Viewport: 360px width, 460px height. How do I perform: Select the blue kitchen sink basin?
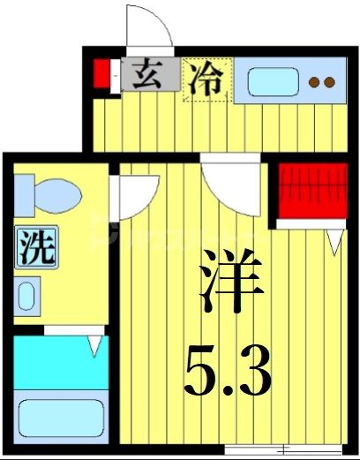pyautogui.click(x=273, y=82)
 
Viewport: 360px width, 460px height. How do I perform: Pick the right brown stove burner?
pyautogui.click(x=328, y=84)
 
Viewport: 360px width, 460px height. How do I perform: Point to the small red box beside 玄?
pyautogui.click(x=102, y=74)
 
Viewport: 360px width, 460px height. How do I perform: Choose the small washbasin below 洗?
pyautogui.click(x=26, y=294)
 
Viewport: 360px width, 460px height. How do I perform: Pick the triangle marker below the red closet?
pyautogui.click(x=334, y=238)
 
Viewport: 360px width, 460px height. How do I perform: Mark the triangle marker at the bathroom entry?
pyautogui.click(x=94, y=346)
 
